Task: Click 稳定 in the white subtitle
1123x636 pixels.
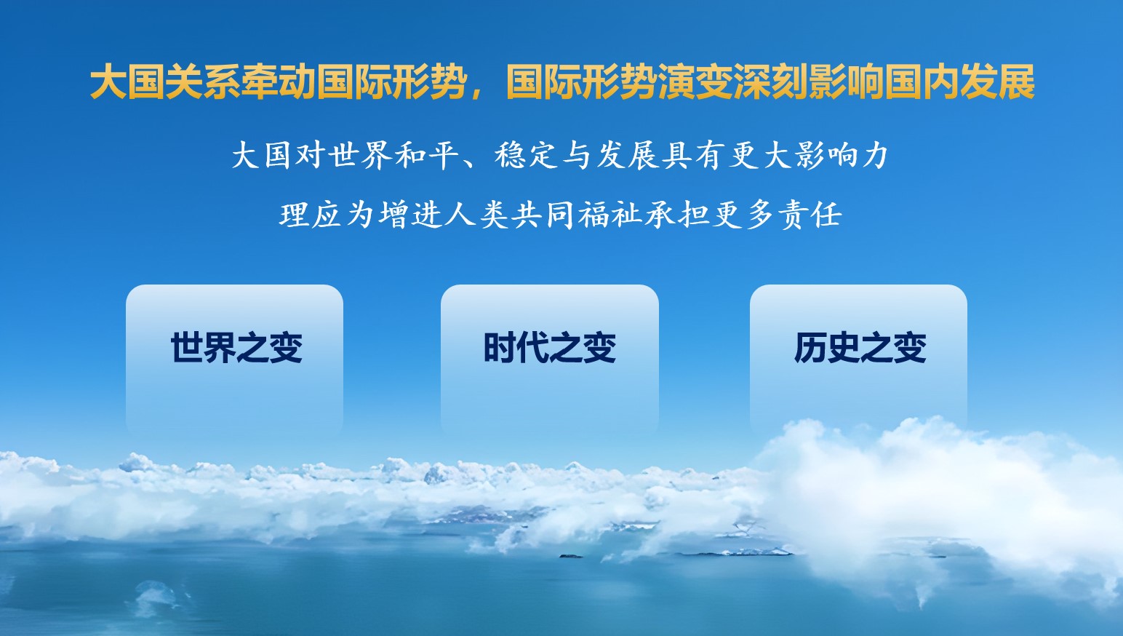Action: (x=527, y=155)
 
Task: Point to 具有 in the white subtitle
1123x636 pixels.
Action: (x=692, y=155)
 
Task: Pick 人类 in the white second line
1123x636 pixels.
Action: (x=477, y=215)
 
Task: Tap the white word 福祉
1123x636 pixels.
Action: (x=610, y=215)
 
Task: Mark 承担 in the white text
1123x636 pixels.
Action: (x=676, y=215)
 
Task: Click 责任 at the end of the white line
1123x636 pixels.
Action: (x=810, y=215)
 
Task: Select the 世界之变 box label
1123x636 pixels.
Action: (x=236, y=347)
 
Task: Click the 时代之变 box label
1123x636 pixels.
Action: (x=549, y=347)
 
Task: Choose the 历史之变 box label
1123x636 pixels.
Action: (x=860, y=347)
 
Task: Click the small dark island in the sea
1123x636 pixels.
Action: (x=571, y=556)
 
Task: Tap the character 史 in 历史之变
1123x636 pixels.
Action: (x=843, y=347)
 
